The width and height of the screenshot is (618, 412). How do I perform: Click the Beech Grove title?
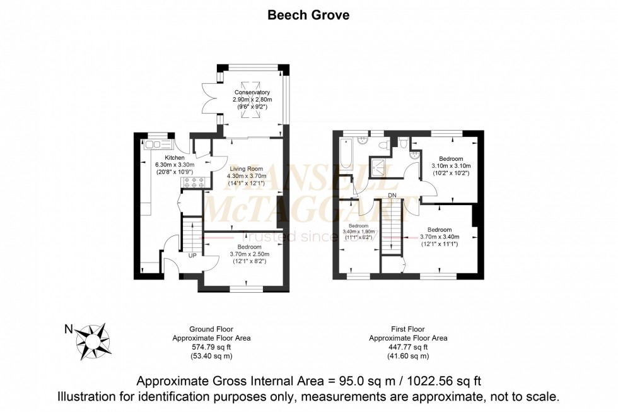point(308,15)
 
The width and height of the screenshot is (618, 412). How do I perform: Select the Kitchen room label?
point(175,158)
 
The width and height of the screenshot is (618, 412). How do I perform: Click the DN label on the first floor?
point(392,195)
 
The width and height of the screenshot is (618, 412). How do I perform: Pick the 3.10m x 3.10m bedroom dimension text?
point(451,166)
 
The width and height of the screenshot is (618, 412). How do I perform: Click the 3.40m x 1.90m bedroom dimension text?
point(359,232)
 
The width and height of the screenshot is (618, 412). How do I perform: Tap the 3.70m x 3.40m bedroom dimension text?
point(440,237)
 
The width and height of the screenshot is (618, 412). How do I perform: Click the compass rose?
point(93,340)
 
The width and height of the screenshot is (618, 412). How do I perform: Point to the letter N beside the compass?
point(69,329)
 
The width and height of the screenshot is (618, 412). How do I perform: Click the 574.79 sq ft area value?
point(211,347)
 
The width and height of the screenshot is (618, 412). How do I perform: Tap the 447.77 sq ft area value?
point(408,347)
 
